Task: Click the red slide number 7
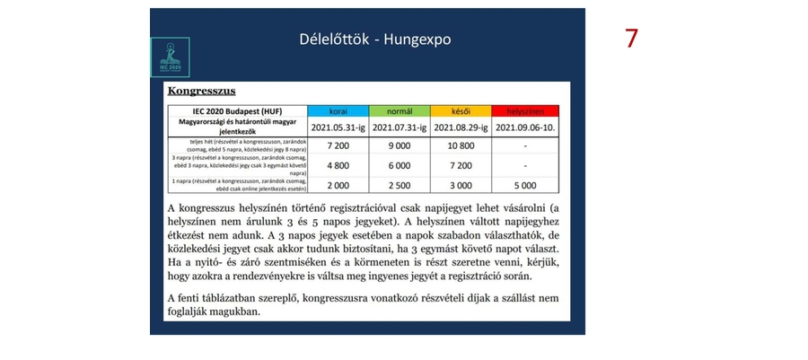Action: [x=632, y=39]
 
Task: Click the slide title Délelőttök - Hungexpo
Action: [x=375, y=40]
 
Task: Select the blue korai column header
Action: [x=337, y=110]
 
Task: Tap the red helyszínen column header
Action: [x=525, y=110]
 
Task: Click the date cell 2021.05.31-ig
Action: [x=337, y=127]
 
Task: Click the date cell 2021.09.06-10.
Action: [x=525, y=127]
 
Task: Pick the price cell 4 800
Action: [x=337, y=165]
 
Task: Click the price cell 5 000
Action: [x=525, y=185]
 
